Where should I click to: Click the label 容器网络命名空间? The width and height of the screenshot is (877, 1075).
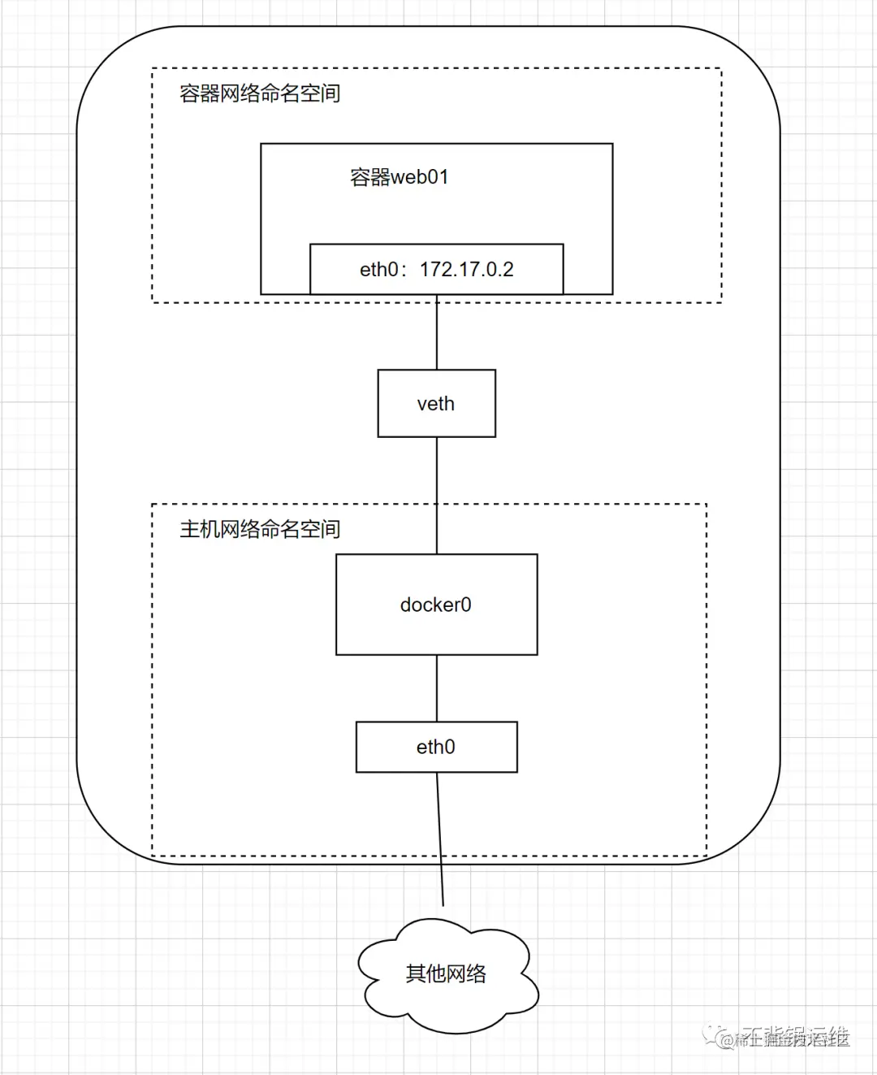(260, 93)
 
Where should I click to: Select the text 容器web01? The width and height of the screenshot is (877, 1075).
(399, 177)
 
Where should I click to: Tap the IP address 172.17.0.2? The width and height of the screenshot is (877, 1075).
(467, 270)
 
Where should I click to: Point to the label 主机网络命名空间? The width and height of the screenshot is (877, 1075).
(260, 530)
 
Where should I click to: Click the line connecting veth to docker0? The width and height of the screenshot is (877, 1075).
(437, 496)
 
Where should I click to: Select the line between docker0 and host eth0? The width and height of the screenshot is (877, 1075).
(437, 688)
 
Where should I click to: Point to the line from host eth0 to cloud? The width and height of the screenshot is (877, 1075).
(440, 837)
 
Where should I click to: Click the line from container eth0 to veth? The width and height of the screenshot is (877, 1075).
(437, 333)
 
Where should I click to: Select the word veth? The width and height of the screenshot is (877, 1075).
(436, 404)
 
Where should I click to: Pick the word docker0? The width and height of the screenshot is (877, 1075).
(436, 605)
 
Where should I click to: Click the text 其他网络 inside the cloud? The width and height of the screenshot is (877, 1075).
(446, 973)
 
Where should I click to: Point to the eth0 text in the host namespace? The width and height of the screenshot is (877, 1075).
(436, 747)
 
